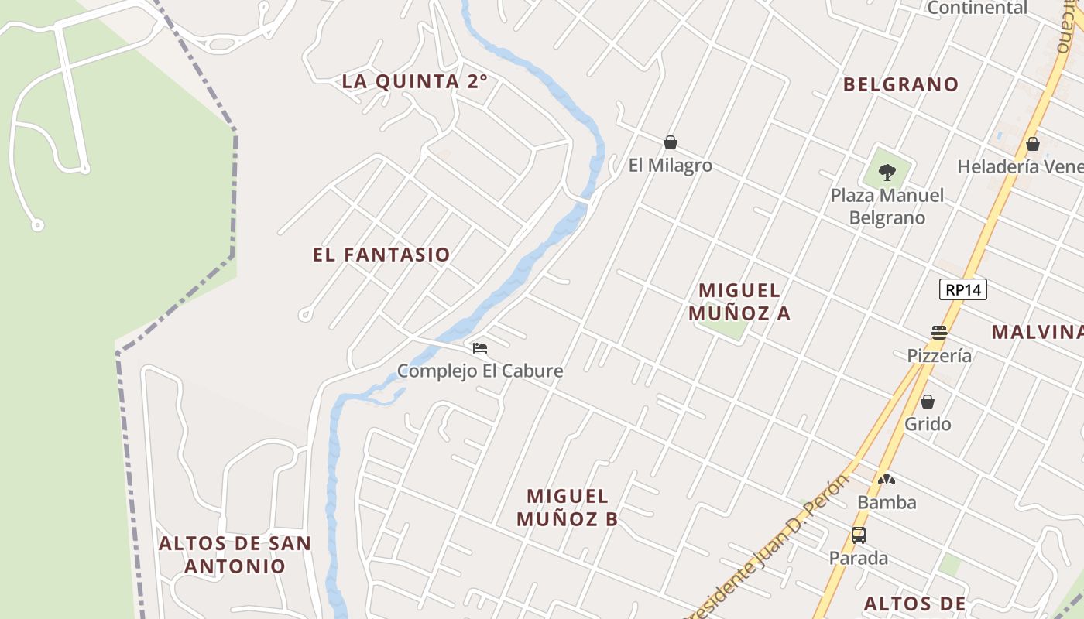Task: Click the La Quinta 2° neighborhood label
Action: [415, 81]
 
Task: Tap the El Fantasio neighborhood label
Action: [381, 255]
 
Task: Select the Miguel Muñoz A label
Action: [739, 302]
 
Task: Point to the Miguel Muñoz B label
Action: [568, 508]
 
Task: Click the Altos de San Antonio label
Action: [235, 554]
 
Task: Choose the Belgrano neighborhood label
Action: [900, 84]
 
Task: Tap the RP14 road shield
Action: [963, 290]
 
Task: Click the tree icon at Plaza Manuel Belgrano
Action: [887, 172]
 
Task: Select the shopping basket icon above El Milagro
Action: [671, 143]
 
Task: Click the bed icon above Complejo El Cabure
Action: [480, 348]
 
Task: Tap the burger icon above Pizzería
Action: [939, 333]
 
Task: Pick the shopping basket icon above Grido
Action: [928, 402]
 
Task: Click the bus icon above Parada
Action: [859, 535]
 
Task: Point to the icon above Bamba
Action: [887, 480]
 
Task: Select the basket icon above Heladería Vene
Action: [1032, 145]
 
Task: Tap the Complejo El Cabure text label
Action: [480, 371]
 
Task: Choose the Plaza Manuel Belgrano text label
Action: [887, 207]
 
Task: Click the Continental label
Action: [977, 9]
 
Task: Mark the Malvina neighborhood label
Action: [1038, 332]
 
